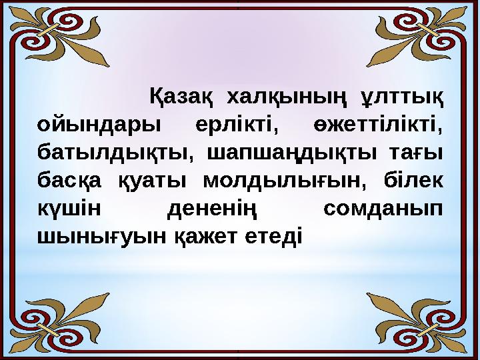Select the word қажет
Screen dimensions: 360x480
(x=205, y=236)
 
